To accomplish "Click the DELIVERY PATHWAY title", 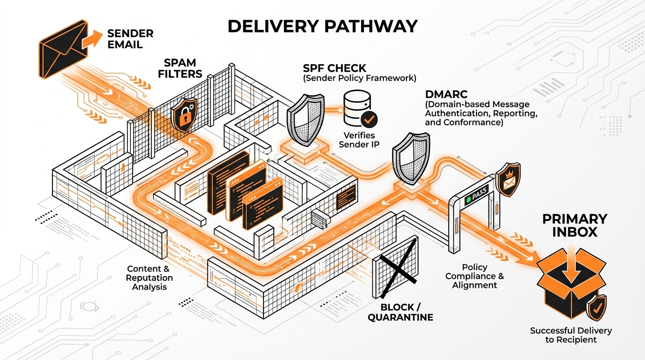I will [322, 26].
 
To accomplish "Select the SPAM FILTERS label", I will [183, 68].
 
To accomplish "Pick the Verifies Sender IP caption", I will [360, 140].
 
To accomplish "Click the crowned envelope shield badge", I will [508, 180].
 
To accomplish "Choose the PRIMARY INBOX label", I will [574, 225].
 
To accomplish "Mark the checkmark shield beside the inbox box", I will [597, 307].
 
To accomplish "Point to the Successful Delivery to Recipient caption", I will [570, 335].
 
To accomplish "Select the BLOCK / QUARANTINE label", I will [400, 312].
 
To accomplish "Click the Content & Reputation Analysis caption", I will [150, 277].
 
